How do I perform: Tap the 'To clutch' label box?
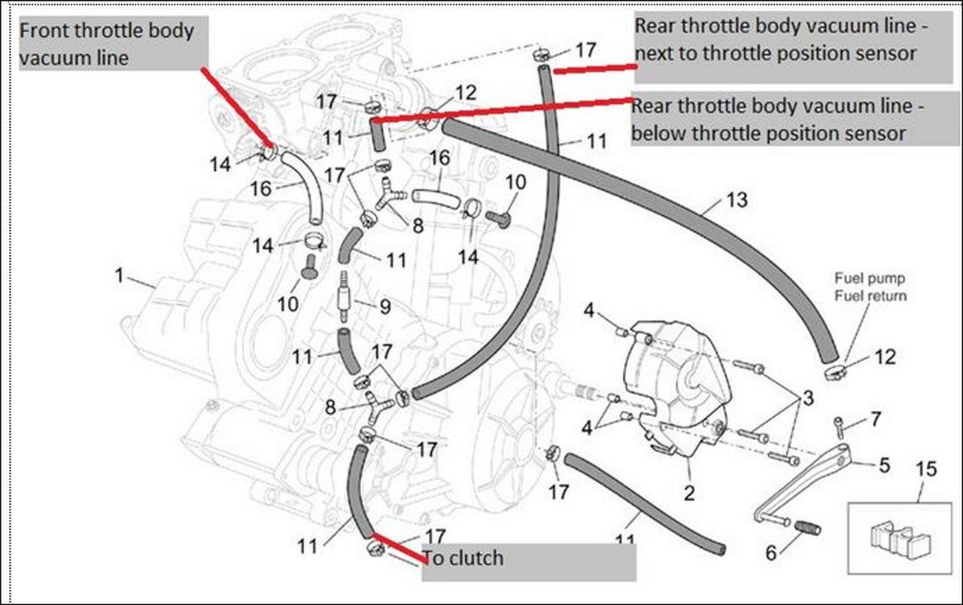click(x=529, y=561)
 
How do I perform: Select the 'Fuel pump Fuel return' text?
click(x=870, y=287)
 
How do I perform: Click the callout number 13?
click(x=737, y=199)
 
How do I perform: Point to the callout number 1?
click(x=119, y=276)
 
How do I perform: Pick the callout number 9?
click(x=384, y=307)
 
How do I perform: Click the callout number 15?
click(x=927, y=469)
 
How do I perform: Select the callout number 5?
click(x=883, y=465)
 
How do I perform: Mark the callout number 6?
click(x=770, y=553)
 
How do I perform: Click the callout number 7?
click(x=875, y=419)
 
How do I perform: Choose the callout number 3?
click(x=807, y=398)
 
